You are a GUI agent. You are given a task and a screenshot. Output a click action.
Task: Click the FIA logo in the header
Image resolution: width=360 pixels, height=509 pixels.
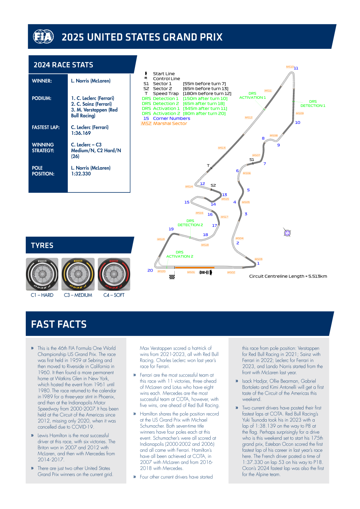pyautogui.click(x=43, y=37)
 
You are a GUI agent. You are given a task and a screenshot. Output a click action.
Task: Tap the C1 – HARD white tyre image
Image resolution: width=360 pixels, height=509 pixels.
pyautogui.click(x=42, y=275)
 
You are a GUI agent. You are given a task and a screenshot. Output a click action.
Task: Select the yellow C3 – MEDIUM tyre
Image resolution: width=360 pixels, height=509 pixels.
pyautogui.click(x=78, y=275)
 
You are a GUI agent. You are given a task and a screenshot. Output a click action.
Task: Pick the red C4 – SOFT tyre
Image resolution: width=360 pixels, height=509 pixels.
pyautogui.click(x=114, y=275)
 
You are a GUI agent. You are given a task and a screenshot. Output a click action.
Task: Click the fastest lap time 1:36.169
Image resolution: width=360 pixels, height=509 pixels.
pyautogui.click(x=81, y=133)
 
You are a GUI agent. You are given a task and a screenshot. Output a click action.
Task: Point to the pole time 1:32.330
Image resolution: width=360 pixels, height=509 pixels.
pyautogui.click(x=81, y=174)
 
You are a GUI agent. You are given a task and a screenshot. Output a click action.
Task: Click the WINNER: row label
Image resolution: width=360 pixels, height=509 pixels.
pyautogui.click(x=42, y=81)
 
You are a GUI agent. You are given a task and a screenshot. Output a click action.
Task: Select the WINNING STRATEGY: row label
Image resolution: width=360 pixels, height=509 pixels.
pyautogui.click(x=43, y=148)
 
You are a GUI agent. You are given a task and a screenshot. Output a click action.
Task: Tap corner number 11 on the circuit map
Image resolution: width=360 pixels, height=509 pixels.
pyautogui.click(x=296, y=68)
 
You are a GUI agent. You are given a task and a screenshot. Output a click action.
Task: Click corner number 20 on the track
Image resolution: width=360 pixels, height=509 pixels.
pyautogui.click(x=150, y=270)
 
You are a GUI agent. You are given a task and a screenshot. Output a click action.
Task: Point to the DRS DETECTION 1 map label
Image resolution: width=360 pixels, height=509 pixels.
pyautogui.click(x=313, y=104)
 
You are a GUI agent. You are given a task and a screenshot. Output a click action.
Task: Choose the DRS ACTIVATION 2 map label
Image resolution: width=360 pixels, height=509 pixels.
pyautogui.click(x=180, y=254)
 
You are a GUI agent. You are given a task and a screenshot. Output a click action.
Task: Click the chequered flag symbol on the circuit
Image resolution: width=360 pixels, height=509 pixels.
pyautogui.click(x=172, y=277)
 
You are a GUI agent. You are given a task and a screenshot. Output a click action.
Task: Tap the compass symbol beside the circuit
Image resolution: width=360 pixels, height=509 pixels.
pyautogui.click(x=287, y=233)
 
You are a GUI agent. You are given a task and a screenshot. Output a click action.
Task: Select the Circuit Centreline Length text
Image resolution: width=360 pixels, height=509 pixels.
pyautogui.click(x=288, y=276)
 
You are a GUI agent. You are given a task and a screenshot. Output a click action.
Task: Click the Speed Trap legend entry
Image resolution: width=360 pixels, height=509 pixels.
pyautogui.click(x=166, y=94)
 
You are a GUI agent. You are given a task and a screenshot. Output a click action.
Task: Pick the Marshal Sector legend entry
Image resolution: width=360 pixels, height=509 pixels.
pyautogui.click(x=170, y=123)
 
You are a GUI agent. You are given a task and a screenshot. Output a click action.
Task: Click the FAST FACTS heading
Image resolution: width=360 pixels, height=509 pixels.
pyautogui.click(x=59, y=324)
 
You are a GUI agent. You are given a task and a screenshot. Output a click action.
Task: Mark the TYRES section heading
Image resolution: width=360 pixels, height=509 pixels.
pyautogui.click(x=42, y=245)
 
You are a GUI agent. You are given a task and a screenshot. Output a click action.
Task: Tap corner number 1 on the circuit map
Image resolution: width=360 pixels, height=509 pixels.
pyautogui.click(x=258, y=264)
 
